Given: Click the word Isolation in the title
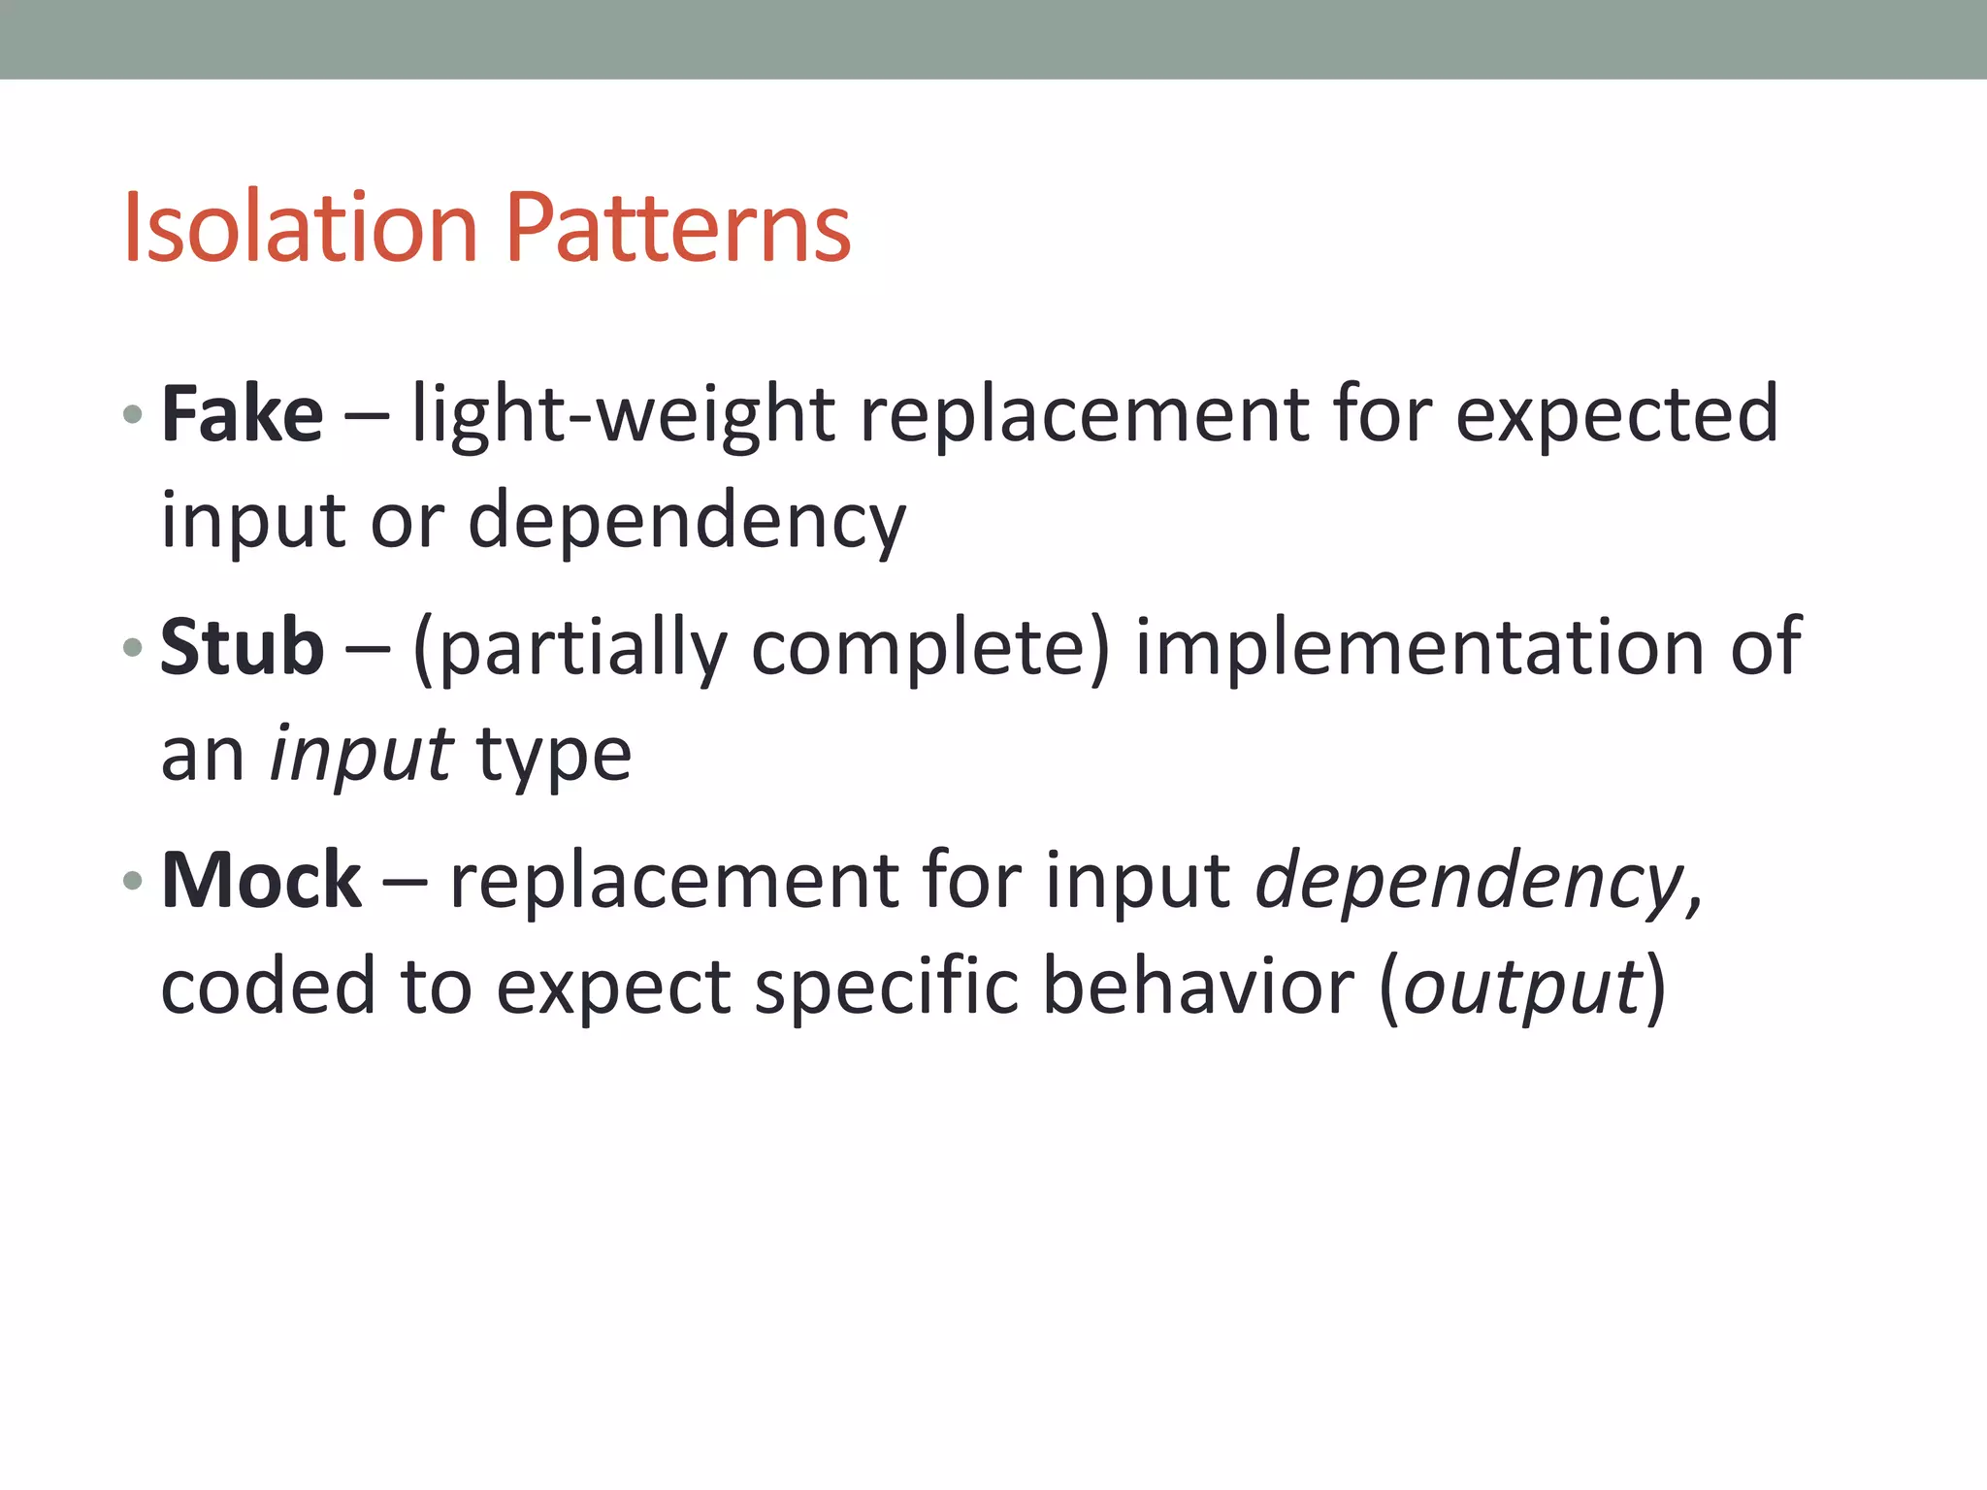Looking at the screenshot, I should coord(300,228).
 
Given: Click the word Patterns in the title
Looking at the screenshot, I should coord(678,228).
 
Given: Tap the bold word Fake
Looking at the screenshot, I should coord(242,414).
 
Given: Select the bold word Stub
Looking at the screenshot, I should coord(242,647).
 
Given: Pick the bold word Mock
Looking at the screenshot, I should coord(261,880).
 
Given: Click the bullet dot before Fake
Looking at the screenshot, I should coord(133,416).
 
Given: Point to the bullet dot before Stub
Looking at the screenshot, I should coord(133,648).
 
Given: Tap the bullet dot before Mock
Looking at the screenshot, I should coord(133,882).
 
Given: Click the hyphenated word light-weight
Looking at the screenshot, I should coord(623,416).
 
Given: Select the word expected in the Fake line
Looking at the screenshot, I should coord(1617,416).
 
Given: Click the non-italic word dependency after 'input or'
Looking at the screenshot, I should coord(687,522).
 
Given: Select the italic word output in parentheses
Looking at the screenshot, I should coord(1522,988).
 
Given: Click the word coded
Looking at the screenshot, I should coord(268,987).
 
